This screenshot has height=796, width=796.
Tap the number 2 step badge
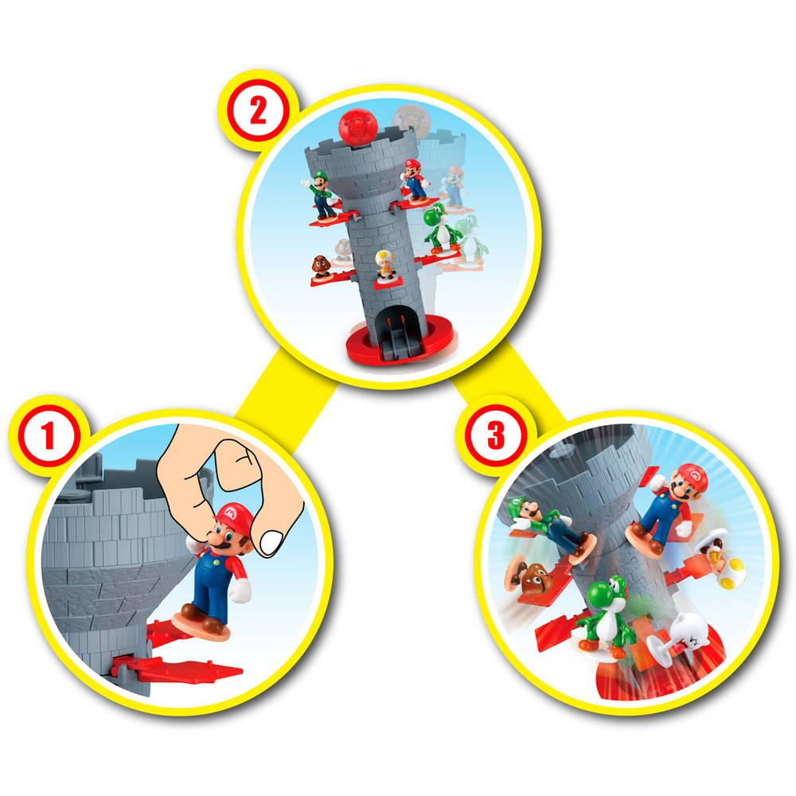pos(257,111)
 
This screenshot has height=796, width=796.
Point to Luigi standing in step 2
pos(322,194)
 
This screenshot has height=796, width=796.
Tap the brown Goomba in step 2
pos(322,266)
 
